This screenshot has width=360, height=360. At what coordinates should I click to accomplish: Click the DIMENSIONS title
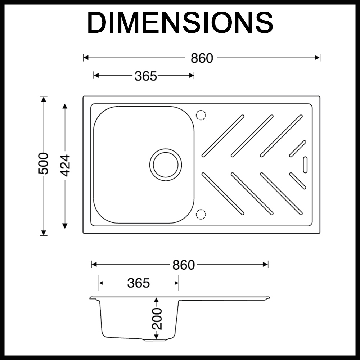[180, 22]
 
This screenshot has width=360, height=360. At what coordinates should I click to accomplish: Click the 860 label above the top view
[202, 58]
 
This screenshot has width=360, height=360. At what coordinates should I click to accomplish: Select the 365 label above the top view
[146, 76]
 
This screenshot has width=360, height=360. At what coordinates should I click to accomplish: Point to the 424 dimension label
[65, 165]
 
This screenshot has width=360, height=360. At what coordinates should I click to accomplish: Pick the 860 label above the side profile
[183, 265]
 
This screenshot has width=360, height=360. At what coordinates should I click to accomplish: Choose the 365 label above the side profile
[139, 283]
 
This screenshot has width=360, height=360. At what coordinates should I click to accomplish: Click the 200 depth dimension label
[157, 319]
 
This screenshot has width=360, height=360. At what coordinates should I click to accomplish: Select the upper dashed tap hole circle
[201, 115]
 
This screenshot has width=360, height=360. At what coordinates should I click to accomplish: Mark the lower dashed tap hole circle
[201, 214]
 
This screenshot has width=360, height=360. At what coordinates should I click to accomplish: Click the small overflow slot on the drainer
[305, 165]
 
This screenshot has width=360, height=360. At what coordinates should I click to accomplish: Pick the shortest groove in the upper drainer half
[298, 149]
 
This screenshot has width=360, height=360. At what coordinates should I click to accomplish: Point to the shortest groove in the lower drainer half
[298, 181]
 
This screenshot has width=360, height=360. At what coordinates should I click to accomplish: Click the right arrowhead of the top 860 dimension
[318, 58]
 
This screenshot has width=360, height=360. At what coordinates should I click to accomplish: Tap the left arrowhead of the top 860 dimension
[86, 58]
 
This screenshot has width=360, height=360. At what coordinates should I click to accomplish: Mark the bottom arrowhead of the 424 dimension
[65, 226]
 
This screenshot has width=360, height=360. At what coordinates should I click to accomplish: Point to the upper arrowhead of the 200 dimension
[156, 300]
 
